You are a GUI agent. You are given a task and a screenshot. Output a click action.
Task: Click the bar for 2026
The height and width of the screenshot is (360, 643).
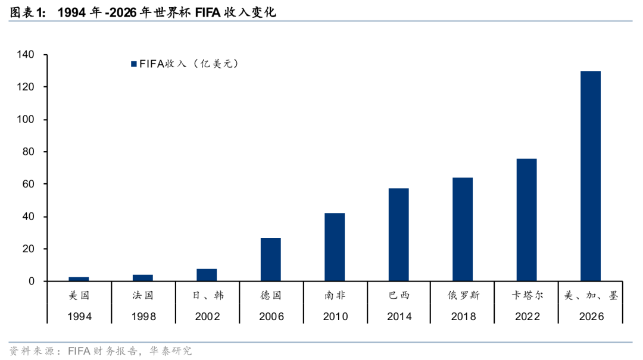pyautogui.click(x=591, y=176)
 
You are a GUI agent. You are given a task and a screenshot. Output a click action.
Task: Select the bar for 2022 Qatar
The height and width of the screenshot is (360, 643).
pyautogui.click(x=526, y=220)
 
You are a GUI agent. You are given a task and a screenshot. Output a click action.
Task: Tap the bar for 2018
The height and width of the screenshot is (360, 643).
pyautogui.click(x=463, y=229)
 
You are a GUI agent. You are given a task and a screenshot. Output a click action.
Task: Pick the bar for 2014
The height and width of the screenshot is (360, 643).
pyautogui.click(x=398, y=234)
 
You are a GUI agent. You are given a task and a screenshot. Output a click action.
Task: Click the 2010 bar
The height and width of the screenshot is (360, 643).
pyautogui.click(x=335, y=248)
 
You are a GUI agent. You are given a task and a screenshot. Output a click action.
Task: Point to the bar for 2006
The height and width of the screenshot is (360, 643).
pyautogui.click(x=271, y=259)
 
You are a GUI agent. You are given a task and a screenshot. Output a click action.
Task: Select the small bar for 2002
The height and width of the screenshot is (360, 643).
pyautogui.click(x=207, y=275)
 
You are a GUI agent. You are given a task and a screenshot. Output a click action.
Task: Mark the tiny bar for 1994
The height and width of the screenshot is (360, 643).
pyautogui.click(x=79, y=279)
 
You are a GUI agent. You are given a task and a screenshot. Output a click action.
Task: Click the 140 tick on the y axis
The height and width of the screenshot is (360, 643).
pyautogui.click(x=26, y=55)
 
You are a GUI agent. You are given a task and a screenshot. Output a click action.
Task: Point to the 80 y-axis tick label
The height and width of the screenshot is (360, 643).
pyautogui.click(x=29, y=152)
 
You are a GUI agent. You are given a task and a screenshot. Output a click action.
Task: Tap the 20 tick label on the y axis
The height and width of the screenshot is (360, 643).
pyautogui.click(x=29, y=249)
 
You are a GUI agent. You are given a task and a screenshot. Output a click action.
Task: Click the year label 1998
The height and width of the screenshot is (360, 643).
pyautogui.click(x=143, y=317)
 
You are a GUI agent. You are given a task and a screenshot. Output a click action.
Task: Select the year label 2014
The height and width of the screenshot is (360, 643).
pyautogui.click(x=399, y=317)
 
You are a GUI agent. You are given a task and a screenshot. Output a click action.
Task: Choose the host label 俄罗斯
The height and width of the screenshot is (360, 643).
pyautogui.click(x=463, y=295)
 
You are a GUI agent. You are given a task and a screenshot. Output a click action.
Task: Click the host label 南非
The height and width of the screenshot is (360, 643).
pyautogui.click(x=335, y=295)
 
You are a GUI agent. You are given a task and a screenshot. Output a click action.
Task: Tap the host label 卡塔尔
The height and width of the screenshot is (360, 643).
pyautogui.click(x=527, y=295)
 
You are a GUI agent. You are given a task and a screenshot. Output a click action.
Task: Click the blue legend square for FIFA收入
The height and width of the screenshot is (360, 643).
pyautogui.click(x=134, y=64)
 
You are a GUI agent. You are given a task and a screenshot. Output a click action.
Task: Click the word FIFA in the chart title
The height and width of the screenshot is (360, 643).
pyautogui.click(x=208, y=12)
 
